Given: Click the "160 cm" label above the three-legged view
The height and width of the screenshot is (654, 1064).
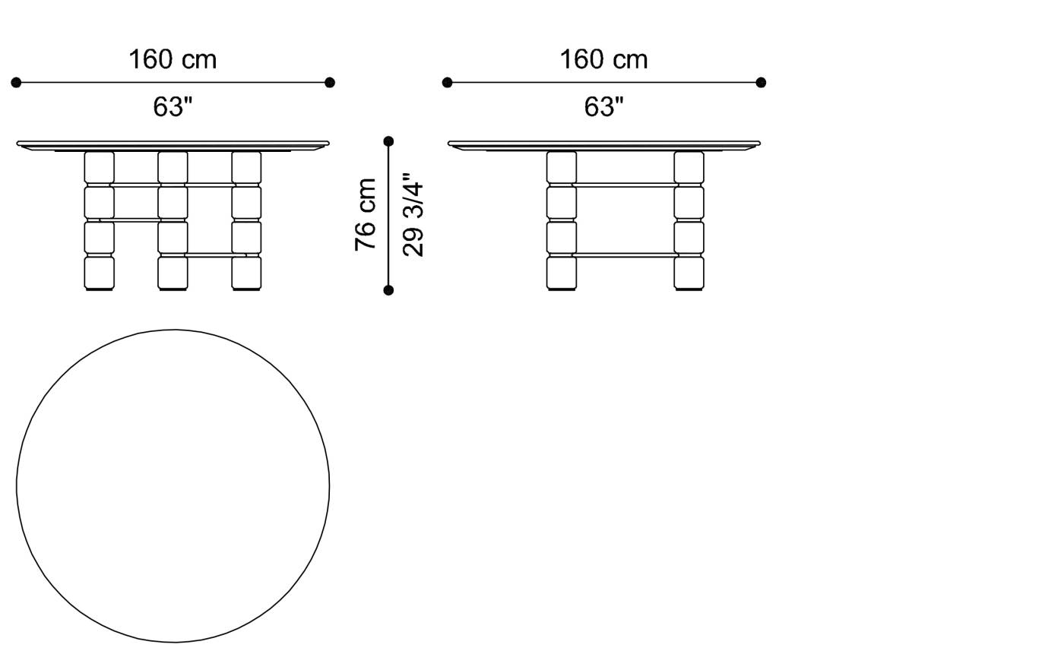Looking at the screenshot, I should click(173, 59).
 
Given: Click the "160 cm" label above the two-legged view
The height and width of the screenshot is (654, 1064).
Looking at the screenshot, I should click(603, 59).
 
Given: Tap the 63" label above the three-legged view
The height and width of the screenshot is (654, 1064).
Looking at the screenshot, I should click(173, 107).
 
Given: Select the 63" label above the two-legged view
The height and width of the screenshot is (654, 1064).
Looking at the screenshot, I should click(603, 107).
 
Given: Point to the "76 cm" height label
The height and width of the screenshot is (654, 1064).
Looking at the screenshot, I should click(366, 214).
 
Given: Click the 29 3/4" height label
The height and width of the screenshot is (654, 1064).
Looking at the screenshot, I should click(413, 219).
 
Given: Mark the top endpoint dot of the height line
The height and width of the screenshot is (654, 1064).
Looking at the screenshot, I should click(388, 141).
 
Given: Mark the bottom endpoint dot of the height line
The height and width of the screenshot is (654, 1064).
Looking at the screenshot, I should click(388, 290).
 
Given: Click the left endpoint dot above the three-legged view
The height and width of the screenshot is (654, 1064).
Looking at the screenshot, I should click(17, 82).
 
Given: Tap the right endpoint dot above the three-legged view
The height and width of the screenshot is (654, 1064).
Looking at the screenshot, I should click(329, 82).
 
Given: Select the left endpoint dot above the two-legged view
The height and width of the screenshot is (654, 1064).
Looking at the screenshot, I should click(448, 82).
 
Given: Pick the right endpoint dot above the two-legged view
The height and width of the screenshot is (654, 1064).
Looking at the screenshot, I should click(761, 82).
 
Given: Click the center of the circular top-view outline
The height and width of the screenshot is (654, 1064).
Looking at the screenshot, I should click(173, 486).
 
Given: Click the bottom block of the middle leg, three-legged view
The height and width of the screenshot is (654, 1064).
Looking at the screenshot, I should click(173, 273).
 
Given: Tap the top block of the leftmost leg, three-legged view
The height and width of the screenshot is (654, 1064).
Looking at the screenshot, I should click(99, 167).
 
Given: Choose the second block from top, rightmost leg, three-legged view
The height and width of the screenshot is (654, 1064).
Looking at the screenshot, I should click(246, 202).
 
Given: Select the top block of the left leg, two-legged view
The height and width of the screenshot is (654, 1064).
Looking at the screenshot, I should click(562, 167).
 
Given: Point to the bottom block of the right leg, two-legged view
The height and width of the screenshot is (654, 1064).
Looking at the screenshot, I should click(689, 273).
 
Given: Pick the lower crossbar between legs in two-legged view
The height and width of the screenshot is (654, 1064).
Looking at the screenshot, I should click(625, 255).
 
